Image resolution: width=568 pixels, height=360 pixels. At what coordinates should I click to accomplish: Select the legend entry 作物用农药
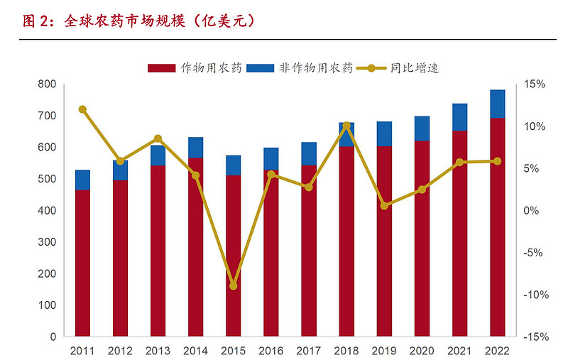[195, 68]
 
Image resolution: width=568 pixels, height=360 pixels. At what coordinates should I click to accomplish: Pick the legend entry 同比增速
[401, 68]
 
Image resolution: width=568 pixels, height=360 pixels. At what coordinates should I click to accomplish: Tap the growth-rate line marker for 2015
[234, 285]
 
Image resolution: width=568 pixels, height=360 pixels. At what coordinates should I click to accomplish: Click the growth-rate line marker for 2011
[82, 109]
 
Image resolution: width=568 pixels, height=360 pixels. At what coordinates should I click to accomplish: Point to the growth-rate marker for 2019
[384, 206]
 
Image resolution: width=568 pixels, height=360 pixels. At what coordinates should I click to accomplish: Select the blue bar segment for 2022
[498, 104]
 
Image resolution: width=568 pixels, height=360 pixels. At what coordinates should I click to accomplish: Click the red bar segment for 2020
[422, 238]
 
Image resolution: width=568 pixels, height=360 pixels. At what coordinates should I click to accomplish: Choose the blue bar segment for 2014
[196, 148]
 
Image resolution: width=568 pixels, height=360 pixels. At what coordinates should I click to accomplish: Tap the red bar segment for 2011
[82, 263]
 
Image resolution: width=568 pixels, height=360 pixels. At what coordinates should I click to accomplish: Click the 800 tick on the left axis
[47, 84]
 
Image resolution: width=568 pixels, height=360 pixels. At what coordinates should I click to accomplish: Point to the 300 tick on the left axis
[47, 242]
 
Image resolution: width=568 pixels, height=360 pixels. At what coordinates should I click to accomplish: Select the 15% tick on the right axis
[534, 84]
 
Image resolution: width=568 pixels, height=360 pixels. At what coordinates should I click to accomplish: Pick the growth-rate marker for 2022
[497, 161]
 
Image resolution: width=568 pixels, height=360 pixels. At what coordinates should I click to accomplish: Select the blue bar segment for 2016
[271, 159]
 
